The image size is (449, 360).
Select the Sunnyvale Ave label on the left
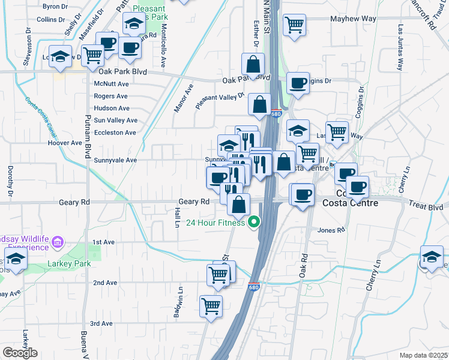(x=115, y=160)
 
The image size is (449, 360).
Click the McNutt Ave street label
(x=112, y=84)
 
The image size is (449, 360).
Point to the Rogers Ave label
(x=111, y=96)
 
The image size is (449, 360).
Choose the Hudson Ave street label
(x=112, y=109)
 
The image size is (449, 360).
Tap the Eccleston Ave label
(x=115, y=133)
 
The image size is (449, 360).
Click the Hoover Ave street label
(x=65, y=143)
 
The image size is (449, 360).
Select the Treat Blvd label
(x=427, y=206)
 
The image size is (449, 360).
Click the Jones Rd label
(x=331, y=230)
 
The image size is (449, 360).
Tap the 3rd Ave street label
(x=101, y=323)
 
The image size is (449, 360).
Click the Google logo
(x=20, y=353)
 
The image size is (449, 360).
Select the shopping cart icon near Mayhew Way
(x=294, y=25)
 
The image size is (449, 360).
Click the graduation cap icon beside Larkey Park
(x=15, y=260)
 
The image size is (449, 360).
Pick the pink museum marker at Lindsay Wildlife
(x=57, y=242)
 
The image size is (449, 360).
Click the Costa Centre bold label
(x=351, y=203)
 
